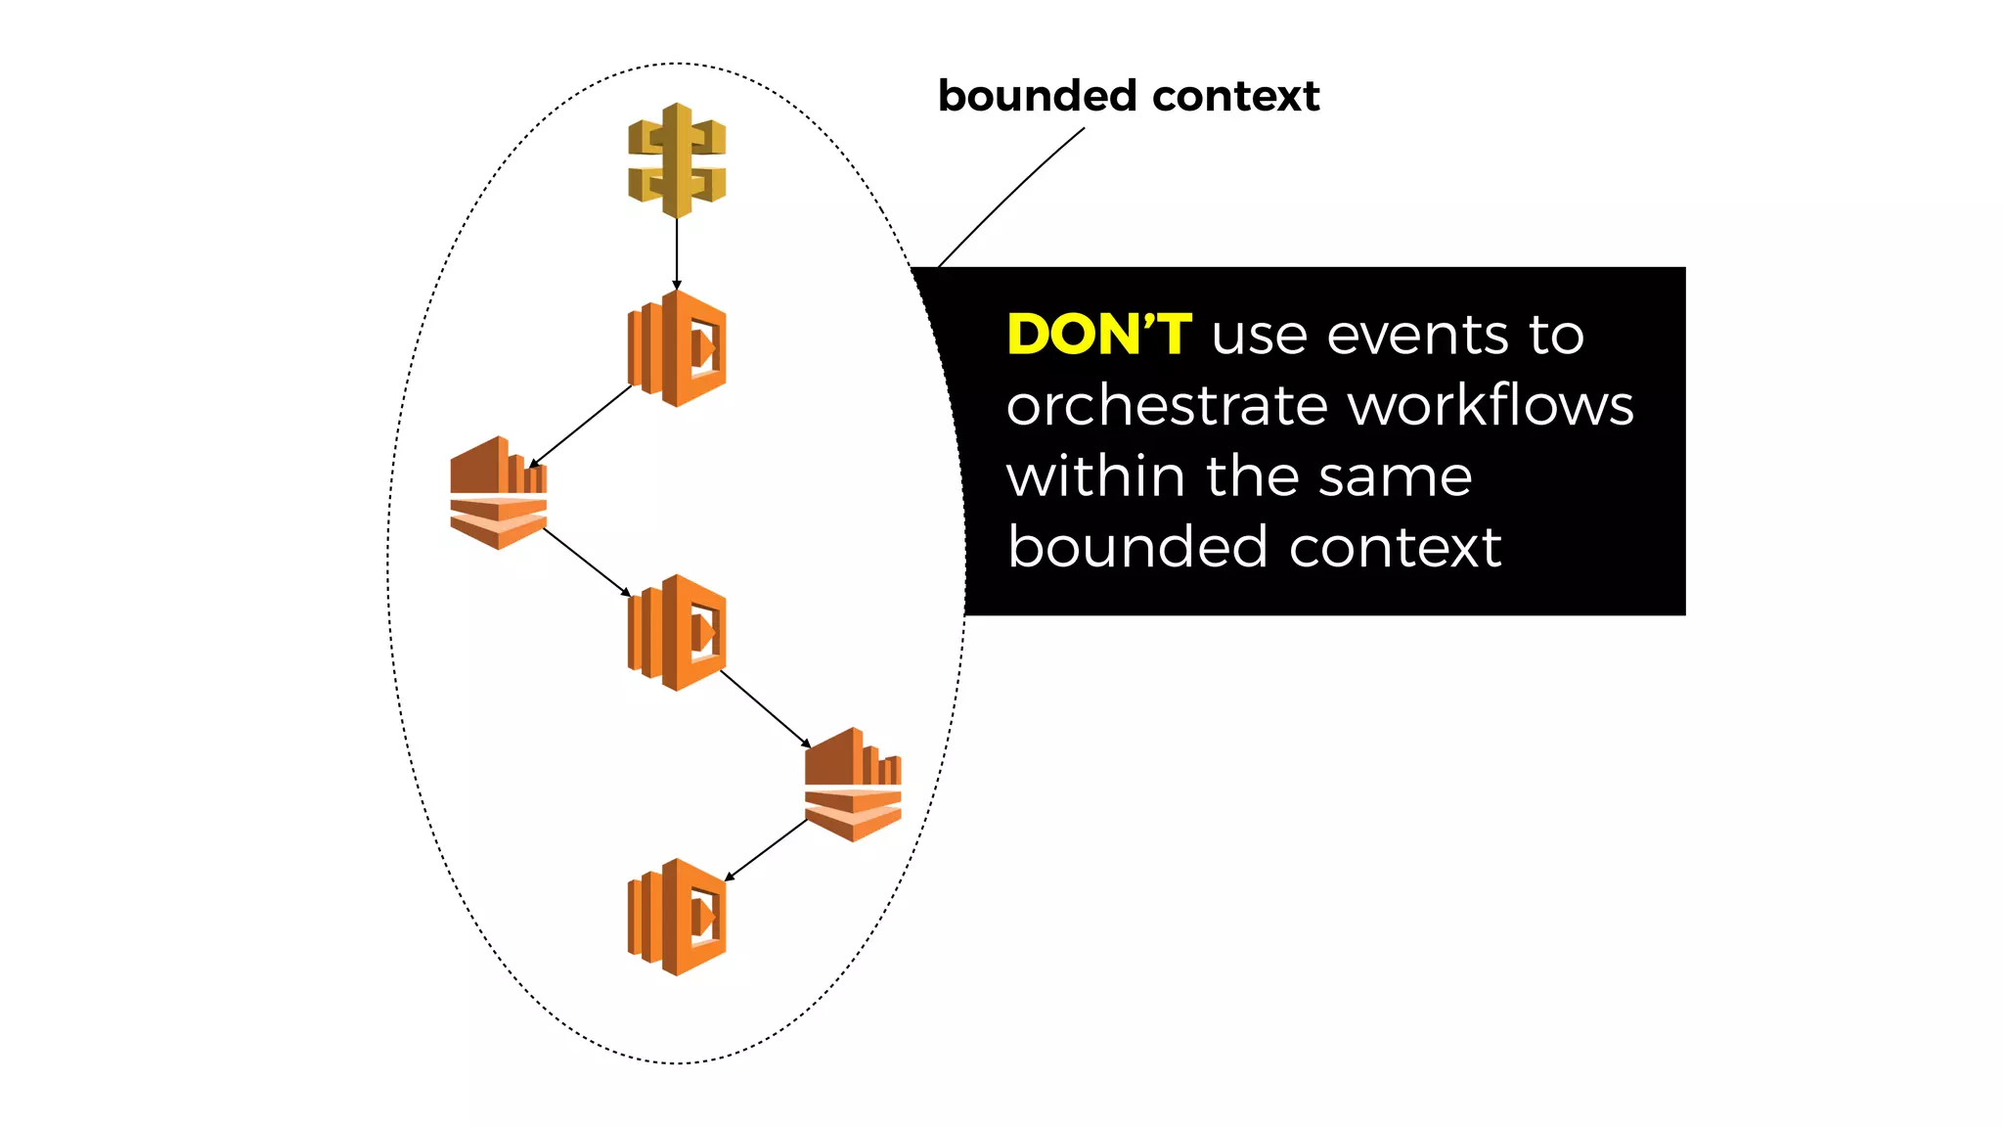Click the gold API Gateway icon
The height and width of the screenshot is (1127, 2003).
click(677, 160)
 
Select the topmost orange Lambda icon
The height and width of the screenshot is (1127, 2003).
click(677, 348)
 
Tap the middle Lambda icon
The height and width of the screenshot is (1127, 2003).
click(677, 633)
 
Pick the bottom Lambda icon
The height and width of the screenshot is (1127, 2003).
click(677, 917)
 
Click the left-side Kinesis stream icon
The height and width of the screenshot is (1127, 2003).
click(498, 493)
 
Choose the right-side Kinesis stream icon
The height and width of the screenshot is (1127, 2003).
click(853, 785)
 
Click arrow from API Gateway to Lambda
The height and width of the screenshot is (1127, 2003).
click(677, 252)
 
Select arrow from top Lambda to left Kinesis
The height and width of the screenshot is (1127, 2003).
click(581, 426)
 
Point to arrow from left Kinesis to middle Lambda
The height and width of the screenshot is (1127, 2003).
click(587, 562)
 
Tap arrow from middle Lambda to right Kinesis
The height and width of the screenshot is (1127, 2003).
click(765, 708)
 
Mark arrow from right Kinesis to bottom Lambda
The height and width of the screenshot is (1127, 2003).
click(766, 849)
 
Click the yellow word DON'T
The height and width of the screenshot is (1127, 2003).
click(1099, 335)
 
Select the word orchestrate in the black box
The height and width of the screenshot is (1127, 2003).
click(1168, 406)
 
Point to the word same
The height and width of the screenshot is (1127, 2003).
click(1395, 477)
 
